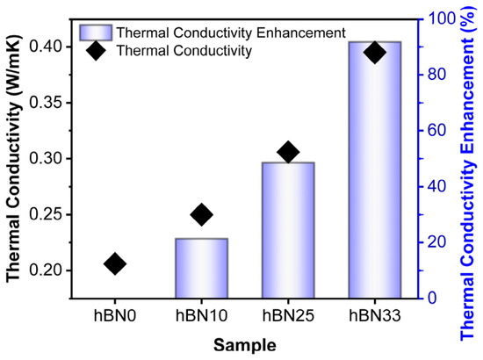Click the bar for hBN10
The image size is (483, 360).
[x=201, y=268]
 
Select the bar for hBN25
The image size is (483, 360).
[x=288, y=230]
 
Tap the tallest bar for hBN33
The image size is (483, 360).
[x=375, y=169]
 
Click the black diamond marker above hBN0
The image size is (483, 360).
[x=115, y=264]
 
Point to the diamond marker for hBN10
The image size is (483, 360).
[x=201, y=214]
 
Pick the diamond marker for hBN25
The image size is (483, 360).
[x=288, y=152]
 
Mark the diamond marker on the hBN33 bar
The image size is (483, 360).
[x=375, y=52]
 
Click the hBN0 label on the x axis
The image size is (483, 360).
[x=115, y=315]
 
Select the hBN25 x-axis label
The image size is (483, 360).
[x=288, y=315]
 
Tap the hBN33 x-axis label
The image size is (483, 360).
[x=375, y=315]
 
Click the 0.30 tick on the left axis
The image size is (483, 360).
[x=46, y=159]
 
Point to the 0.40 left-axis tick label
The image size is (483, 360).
[x=46, y=47]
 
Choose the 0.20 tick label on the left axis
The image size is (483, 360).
[x=46, y=270]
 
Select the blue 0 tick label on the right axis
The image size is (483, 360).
[x=432, y=298]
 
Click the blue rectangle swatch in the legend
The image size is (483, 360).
[x=96, y=32]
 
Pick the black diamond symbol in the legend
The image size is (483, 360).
[x=96, y=51]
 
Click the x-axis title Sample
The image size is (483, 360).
[x=245, y=345]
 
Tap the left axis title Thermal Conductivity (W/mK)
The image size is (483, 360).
[x=14, y=159]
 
